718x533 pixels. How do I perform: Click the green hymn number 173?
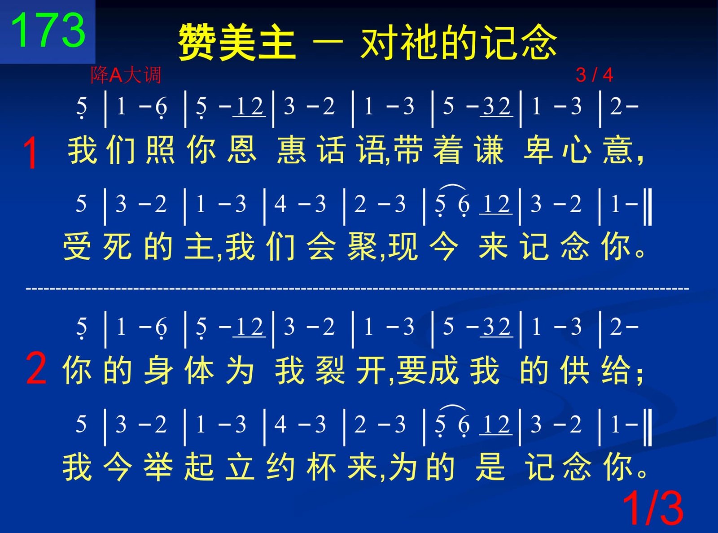pos(48,30)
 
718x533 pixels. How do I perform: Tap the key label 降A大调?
pos(126,75)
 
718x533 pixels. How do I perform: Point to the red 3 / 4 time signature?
pos(594,75)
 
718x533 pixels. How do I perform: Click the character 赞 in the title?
pos(197,42)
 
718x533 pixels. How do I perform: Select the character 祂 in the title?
pos(420,42)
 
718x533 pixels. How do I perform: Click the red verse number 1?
pos(31,153)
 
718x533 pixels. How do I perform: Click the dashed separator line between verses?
pos(357,288)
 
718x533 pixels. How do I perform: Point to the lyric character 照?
pos(161,150)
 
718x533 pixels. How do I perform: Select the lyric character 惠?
pos(291,150)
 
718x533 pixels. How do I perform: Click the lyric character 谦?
pos(489,150)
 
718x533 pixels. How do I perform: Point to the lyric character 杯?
pos(321,467)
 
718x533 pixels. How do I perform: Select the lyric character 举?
pos(158,467)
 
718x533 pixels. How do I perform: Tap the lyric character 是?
pos(490,467)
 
